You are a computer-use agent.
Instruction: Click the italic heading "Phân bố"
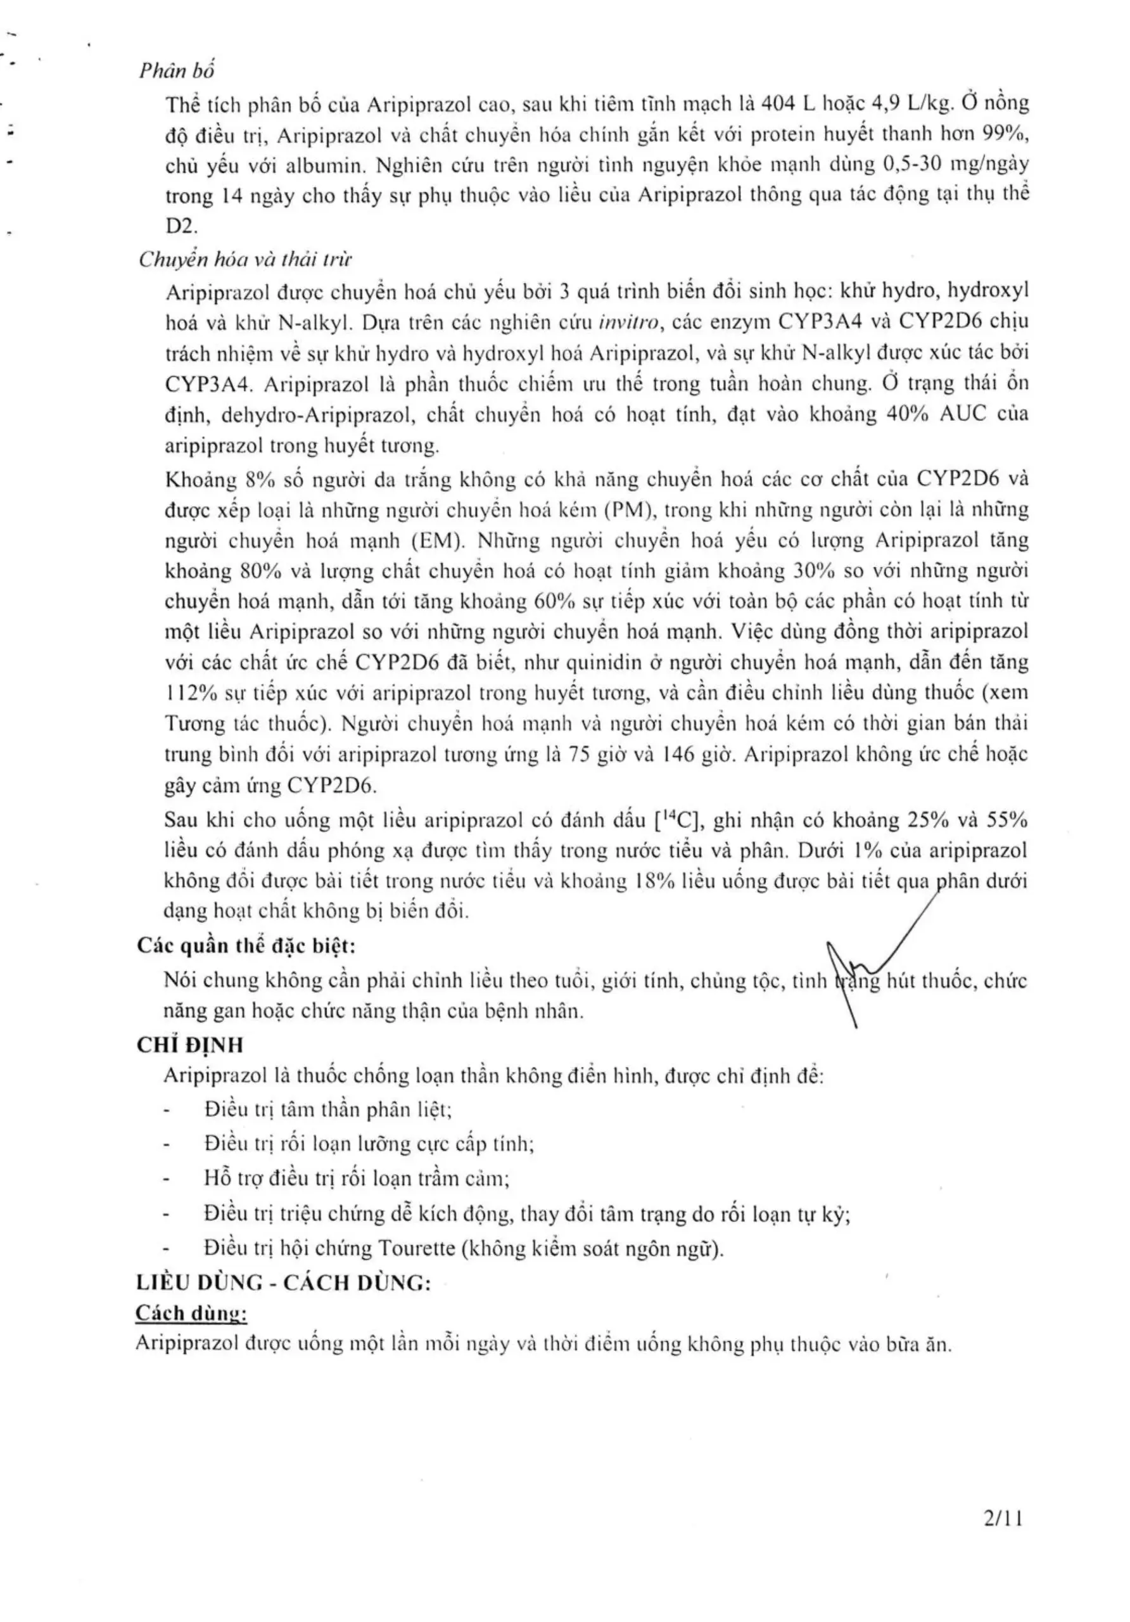coord(177,70)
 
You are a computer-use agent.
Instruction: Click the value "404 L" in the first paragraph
coord(787,105)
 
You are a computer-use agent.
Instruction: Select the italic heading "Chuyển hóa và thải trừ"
coord(244,259)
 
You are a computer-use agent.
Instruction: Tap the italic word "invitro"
coord(628,322)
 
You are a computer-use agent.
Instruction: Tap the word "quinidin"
coord(607,663)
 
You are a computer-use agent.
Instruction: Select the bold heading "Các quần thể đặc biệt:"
coord(246,945)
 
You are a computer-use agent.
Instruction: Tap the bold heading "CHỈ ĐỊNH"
coord(189,1045)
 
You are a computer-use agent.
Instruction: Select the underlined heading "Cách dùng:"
coord(191,1313)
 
